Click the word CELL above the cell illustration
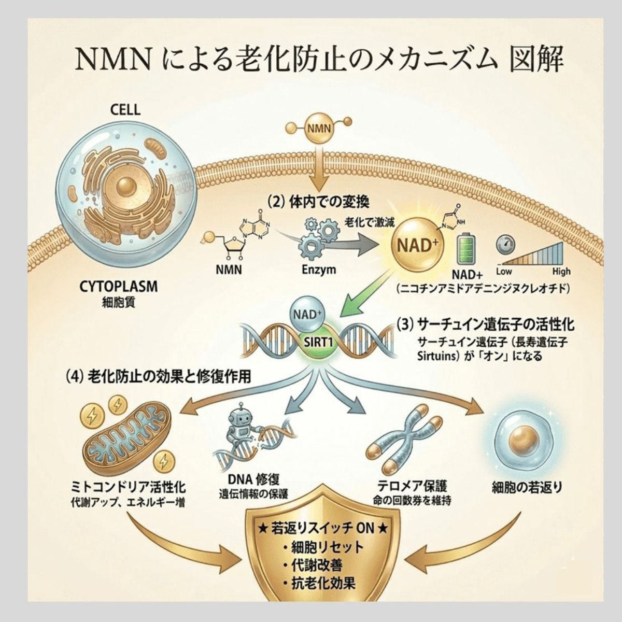coord(125,110)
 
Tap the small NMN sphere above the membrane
coord(319,129)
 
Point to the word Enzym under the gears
coord(319,269)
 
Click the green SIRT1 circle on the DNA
coord(318,343)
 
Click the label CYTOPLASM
coord(118,287)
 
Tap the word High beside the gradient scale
coord(561,272)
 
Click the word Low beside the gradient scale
coord(504,272)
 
